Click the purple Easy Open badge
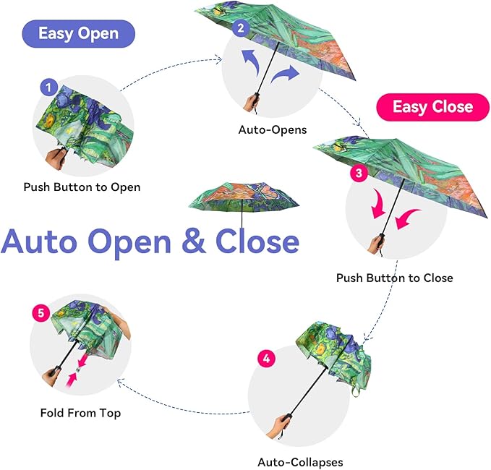[79, 33]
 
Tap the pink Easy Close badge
[432, 107]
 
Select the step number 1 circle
[48, 88]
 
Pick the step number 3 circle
[358, 174]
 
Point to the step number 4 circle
[266, 359]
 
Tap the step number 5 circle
[40, 313]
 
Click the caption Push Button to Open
[82, 187]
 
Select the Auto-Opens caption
[273, 130]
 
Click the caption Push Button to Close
[394, 278]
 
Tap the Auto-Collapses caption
[300, 462]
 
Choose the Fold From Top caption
[80, 413]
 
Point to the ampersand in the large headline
[193, 241]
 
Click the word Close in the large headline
[257, 241]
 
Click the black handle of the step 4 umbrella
[284, 420]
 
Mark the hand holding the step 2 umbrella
[251, 101]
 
